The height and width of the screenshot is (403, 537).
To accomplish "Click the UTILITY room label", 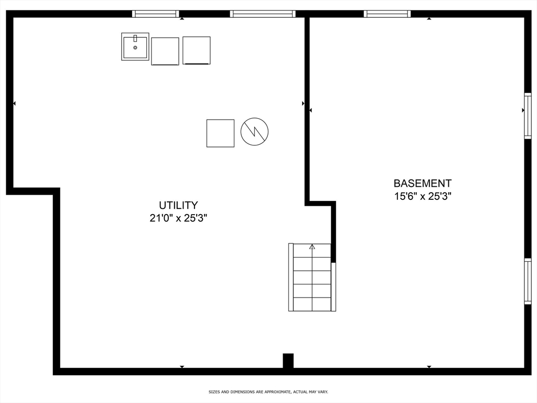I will tap(178, 205).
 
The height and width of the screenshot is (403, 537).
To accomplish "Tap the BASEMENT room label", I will tap(422, 183).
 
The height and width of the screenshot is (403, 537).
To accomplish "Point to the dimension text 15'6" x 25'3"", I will tap(422, 197).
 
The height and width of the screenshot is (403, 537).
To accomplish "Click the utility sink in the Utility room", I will tap(135, 47).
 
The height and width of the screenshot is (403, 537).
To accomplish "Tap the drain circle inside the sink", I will tap(135, 48).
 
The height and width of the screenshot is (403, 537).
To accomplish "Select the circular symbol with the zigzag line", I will tap(254, 132).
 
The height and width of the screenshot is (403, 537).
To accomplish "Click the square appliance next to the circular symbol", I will tap(220, 133).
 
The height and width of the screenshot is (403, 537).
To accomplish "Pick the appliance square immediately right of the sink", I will tap(165, 51).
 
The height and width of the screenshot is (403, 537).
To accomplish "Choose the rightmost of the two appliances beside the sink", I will tap(197, 50).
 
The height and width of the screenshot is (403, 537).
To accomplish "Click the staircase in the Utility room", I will tap(312, 277).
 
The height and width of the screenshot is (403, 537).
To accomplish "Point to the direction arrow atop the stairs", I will tap(312, 246).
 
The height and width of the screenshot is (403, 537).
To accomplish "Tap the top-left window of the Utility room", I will tap(155, 14).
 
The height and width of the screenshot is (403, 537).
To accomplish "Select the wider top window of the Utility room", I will tap(262, 14).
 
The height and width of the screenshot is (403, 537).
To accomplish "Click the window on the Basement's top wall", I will tap(387, 14).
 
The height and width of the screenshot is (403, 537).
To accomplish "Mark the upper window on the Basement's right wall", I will tap(528, 116).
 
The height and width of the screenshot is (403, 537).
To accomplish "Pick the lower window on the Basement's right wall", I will tap(528, 282).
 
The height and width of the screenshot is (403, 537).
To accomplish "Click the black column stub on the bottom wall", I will tap(288, 361).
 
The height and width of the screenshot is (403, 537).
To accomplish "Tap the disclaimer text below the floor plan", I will tap(268, 392).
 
